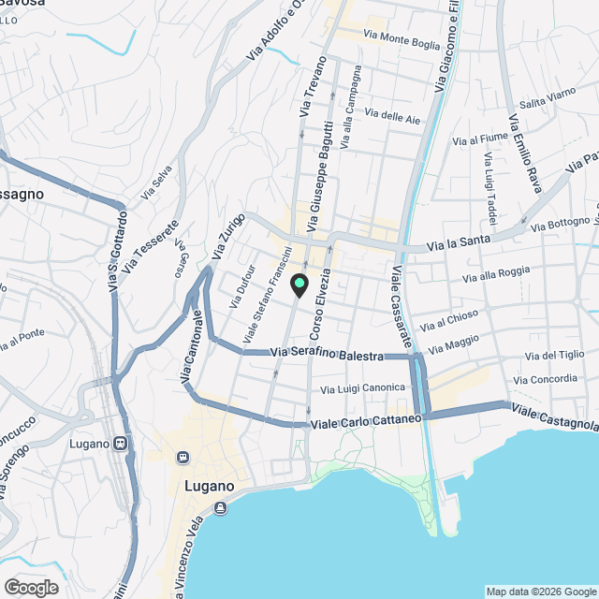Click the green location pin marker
click(299, 285)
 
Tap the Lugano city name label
click(201, 487)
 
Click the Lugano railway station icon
click(120, 443)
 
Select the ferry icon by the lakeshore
click(220, 507)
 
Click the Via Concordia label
click(546, 379)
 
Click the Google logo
click(31, 587)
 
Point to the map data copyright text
click(541, 592)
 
